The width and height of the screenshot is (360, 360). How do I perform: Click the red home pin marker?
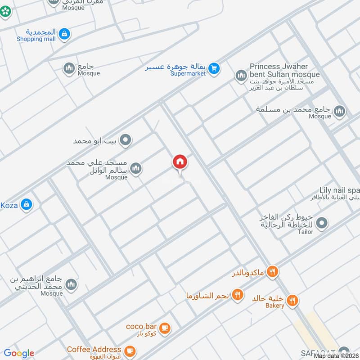coord(180,162)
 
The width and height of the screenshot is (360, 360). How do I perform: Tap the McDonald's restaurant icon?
coord(272,271)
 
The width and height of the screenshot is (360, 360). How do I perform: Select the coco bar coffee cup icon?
coord(165,328)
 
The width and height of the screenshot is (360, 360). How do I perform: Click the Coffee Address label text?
coord(94,349)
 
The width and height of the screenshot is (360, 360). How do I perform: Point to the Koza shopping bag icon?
coord(27,204)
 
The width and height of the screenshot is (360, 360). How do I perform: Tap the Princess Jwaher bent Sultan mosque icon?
coord(241,75)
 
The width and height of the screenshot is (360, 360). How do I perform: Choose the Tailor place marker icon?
coord(322,222)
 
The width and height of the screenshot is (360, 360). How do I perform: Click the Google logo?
coord(19,353)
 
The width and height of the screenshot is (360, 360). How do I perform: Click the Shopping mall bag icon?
coord(64,33)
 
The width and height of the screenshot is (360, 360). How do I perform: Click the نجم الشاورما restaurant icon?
coord(238,295)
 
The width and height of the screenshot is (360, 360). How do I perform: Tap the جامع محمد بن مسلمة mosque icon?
coord(339,110)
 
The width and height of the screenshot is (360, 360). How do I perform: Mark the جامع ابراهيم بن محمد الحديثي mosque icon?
coord(71,284)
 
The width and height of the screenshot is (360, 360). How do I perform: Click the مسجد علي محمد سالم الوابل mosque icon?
coord(136,168)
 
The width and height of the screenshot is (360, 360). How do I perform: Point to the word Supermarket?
coord(188,73)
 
